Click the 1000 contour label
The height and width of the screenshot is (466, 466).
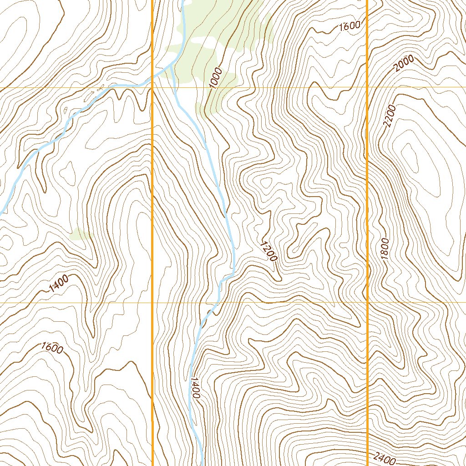pyautogui.click(x=216, y=77)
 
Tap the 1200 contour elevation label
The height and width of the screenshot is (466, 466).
pyautogui.click(x=268, y=251)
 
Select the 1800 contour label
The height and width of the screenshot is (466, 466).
pyautogui.click(x=385, y=249)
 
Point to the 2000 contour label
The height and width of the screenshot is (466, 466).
pyautogui.click(x=404, y=63)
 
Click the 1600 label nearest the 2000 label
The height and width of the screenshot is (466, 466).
pyautogui.click(x=350, y=27)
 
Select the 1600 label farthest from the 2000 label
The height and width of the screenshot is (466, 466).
pyautogui.click(x=52, y=348)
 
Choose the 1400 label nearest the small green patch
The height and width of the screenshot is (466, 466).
pyautogui.click(x=59, y=284)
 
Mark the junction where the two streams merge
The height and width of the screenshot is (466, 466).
pyautogui.click(x=170, y=66)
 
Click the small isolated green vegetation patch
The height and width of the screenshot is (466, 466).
pyautogui.click(x=80, y=234)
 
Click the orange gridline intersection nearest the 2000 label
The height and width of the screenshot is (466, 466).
pyautogui.click(x=367, y=87)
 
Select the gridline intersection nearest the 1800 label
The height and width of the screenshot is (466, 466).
pyautogui.click(x=367, y=302)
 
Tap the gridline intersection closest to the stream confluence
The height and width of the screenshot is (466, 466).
pyautogui.click(x=152, y=87)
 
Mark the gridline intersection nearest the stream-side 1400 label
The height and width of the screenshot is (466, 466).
pyautogui.click(x=152, y=302)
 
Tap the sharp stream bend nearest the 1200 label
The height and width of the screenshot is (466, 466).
pyautogui.click(x=232, y=274)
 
